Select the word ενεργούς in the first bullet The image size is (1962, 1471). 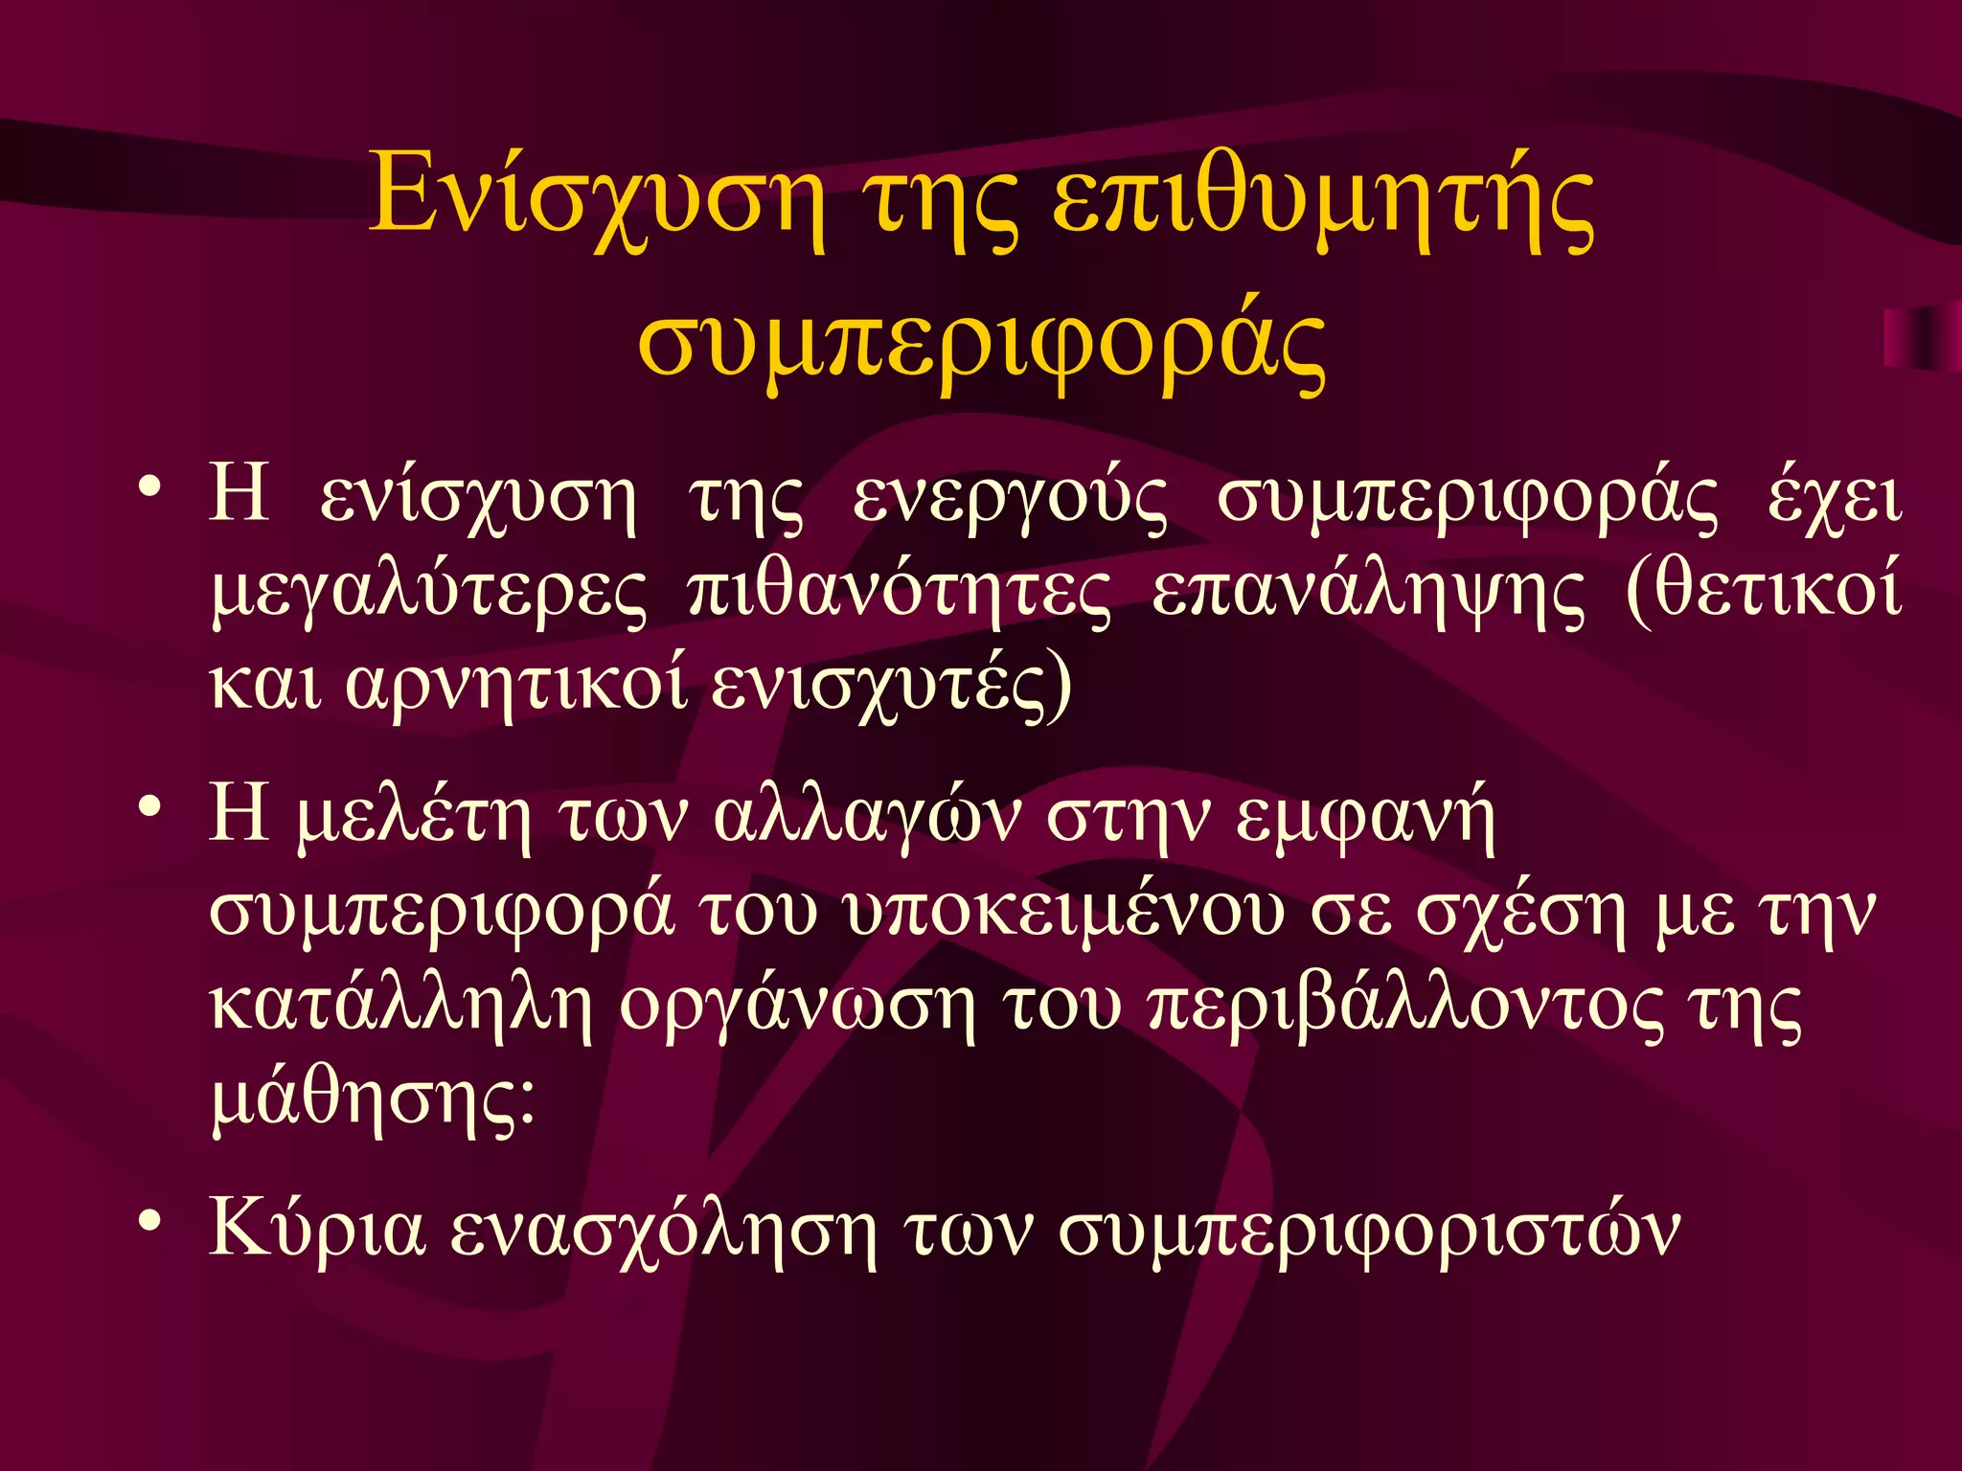1010,500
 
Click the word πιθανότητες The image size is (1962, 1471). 900,594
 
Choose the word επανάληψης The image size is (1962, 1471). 1368,594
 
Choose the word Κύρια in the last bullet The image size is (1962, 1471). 316,1230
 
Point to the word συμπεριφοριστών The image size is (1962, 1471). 1369,1232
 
